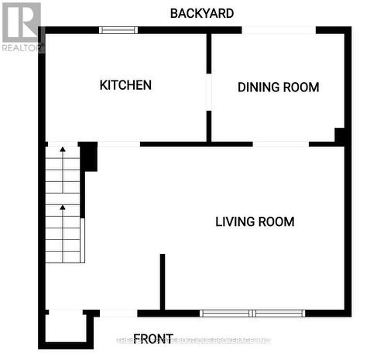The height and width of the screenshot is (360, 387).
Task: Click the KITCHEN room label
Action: (x=125, y=85)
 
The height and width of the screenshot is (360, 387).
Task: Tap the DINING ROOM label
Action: (x=278, y=87)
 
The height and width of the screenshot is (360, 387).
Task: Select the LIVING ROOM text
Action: (x=255, y=222)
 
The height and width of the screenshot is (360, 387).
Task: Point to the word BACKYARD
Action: (x=202, y=13)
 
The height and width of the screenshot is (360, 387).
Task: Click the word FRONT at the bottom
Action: (x=153, y=338)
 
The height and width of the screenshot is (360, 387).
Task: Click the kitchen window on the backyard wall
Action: (x=118, y=30)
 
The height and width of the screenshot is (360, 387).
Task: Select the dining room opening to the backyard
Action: (x=279, y=30)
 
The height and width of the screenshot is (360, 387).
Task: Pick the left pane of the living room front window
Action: (x=226, y=314)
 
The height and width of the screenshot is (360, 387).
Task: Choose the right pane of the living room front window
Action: (x=279, y=314)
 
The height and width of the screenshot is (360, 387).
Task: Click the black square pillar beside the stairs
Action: (x=89, y=156)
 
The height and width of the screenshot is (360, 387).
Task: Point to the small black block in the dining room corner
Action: (x=339, y=135)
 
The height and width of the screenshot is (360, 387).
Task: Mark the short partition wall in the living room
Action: (x=162, y=281)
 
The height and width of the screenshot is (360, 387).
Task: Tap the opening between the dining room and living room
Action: (x=280, y=144)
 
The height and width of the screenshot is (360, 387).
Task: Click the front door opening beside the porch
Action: (x=118, y=314)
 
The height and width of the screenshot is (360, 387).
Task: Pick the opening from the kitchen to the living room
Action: (x=118, y=144)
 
